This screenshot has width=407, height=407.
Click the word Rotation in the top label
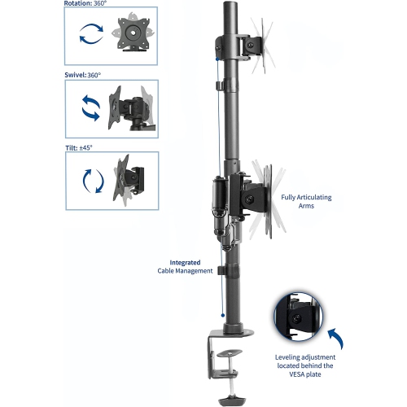click(80, 3)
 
